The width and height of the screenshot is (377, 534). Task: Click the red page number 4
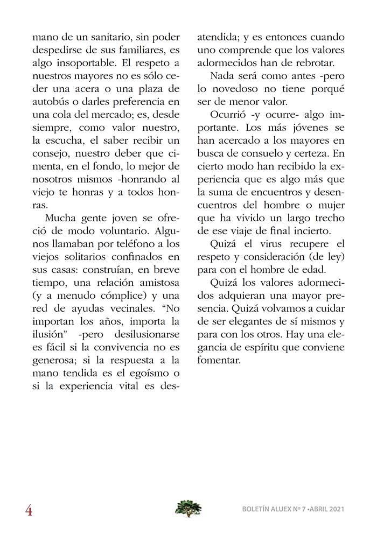(29, 509)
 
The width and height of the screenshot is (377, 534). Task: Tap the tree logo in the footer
(188, 508)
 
